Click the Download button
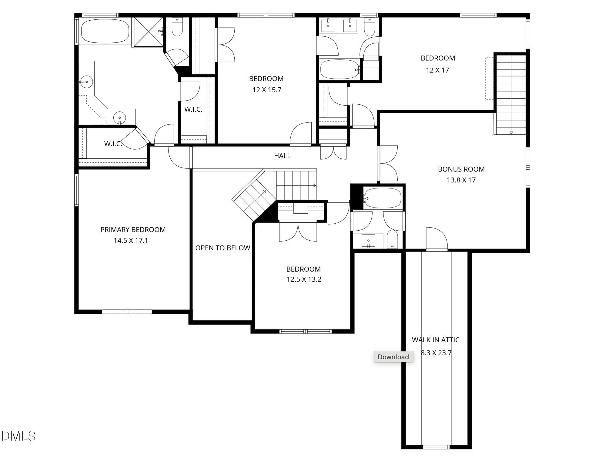tap(393, 357)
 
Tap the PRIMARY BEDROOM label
tap(133, 230)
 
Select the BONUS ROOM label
tap(461, 169)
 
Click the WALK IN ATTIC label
tap(436, 340)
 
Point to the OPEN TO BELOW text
tap(223, 248)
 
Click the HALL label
tap(282, 156)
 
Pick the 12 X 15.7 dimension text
tap(267, 90)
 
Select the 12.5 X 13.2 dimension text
tap(304, 279)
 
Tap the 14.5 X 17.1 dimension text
tap(131, 241)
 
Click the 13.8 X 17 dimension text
tap(461, 180)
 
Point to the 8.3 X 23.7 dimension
tap(436, 353)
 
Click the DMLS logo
tap(18, 436)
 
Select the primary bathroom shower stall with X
tap(148, 32)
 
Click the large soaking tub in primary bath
tap(105, 31)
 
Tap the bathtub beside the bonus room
tap(383, 198)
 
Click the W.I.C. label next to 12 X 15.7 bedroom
tap(193, 109)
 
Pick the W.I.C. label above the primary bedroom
tap(113, 144)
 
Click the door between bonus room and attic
tap(437, 239)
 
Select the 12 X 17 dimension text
tap(437, 70)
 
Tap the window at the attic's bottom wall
tap(436, 447)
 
